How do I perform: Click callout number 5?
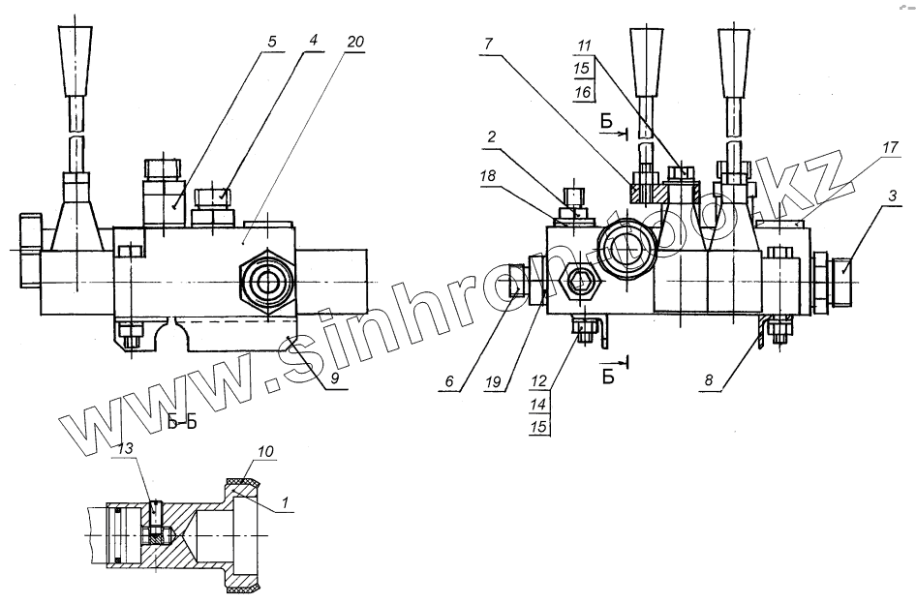coord(272,43)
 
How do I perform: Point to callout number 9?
coord(333,380)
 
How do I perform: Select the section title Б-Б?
coord(180,421)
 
